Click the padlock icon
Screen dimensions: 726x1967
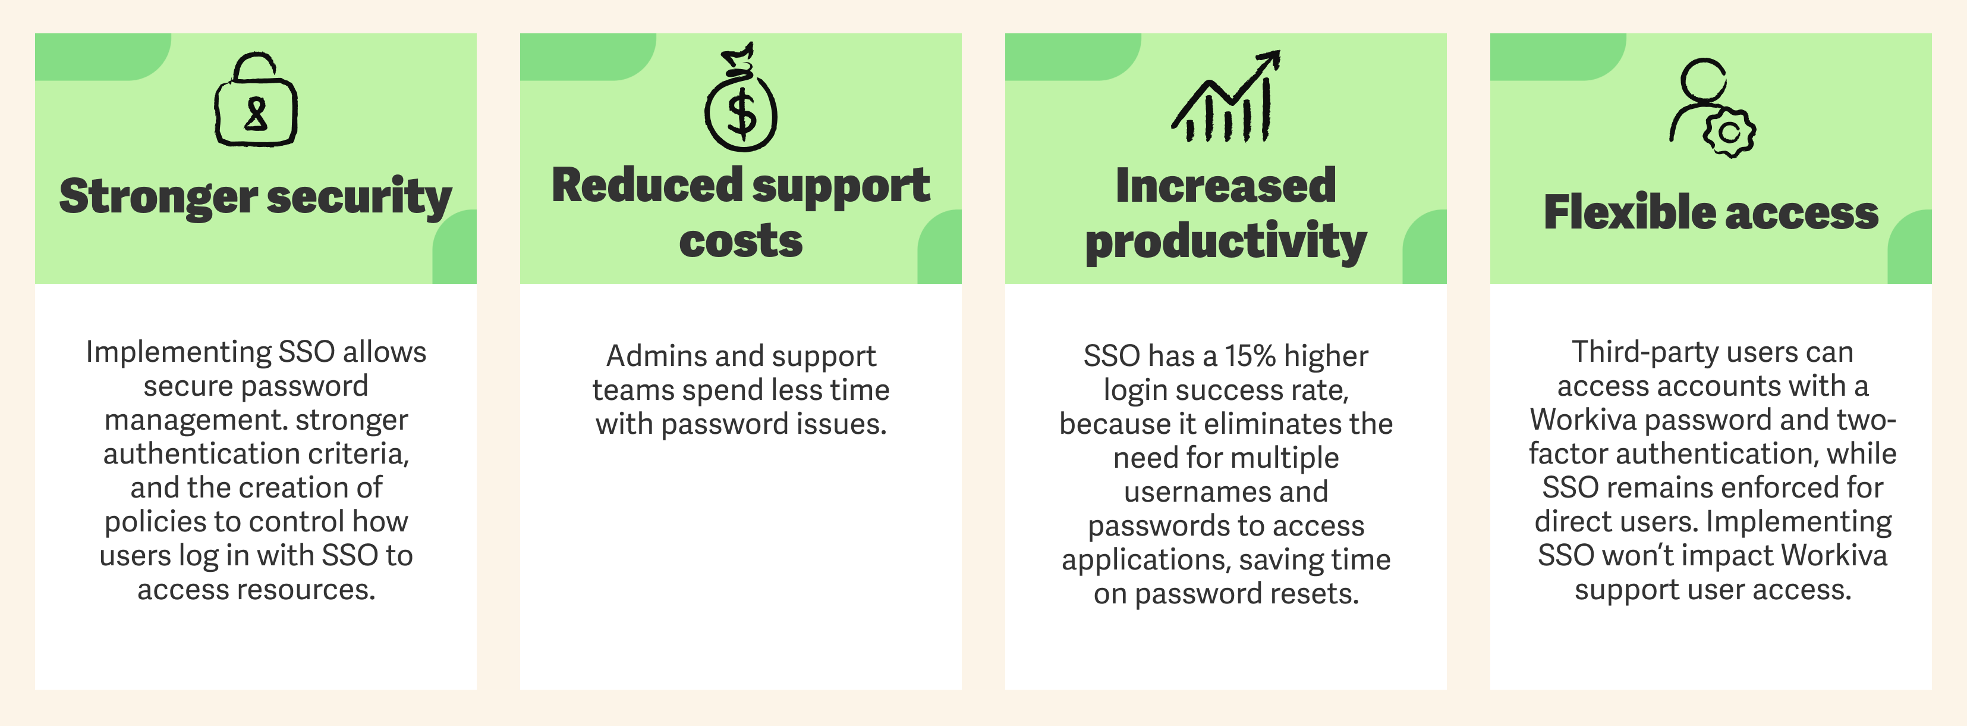[256, 101]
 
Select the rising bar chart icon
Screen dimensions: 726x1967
[1226, 98]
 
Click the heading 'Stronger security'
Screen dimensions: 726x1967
[256, 196]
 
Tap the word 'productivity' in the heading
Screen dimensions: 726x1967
[1226, 242]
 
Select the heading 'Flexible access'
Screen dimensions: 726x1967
[1710, 212]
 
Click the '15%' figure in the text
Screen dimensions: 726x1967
[1250, 356]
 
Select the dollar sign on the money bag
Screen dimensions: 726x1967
[741, 115]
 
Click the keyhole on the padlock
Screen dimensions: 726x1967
[256, 115]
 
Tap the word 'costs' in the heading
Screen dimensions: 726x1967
[741, 242]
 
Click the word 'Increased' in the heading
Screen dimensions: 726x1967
[1226, 186]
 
